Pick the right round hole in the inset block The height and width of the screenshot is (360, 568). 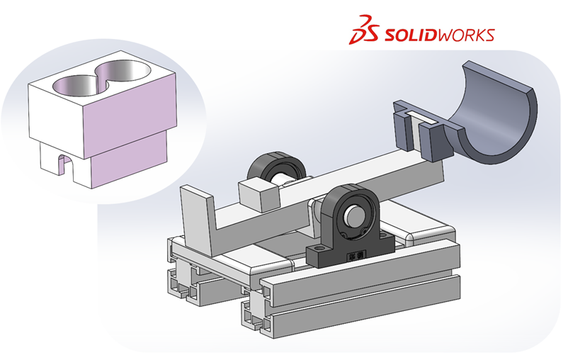[x=123, y=71]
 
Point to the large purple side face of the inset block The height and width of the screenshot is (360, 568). [x=130, y=113]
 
